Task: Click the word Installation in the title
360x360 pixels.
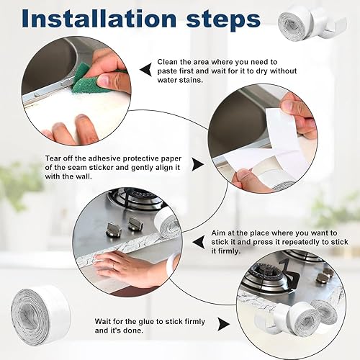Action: click(x=99, y=19)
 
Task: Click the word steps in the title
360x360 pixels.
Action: click(x=223, y=20)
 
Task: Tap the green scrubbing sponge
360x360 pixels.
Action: click(x=86, y=78)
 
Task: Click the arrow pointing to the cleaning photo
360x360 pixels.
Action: click(x=145, y=71)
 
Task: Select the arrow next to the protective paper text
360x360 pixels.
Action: click(x=197, y=164)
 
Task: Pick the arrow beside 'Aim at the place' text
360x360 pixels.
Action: click(x=199, y=242)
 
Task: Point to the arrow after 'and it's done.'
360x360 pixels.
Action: click(x=224, y=323)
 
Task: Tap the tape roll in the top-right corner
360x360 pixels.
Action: click(x=312, y=24)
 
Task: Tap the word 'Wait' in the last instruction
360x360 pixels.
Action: click(x=104, y=321)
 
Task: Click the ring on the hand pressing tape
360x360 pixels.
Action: click(x=114, y=265)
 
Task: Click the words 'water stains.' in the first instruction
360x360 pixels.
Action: click(x=180, y=80)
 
